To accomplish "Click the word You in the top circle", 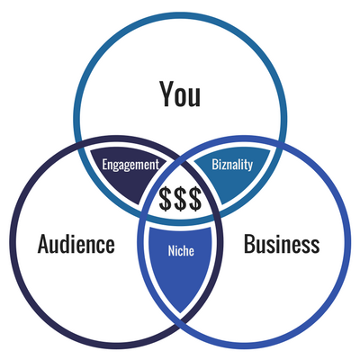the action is (x=180, y=94).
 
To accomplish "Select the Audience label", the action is (x=76, y=244).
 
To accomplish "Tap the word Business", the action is (x=282, y=244).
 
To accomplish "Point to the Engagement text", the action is (x=130, y=165).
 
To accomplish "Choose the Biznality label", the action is (x=232, y=165).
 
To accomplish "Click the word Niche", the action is (x=181, y=251).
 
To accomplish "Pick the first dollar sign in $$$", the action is (x=166, y=199).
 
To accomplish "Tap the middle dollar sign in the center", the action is (x=180, y=199).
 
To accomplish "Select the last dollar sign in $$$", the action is (x=194, y=199).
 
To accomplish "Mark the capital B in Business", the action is (x=249, y=244).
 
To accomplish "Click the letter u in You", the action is (x=194, y=97).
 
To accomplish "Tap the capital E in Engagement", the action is (x=104, y=165).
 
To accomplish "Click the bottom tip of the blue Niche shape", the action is (x=180, y=312).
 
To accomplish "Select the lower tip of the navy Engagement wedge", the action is (x=139, y=204).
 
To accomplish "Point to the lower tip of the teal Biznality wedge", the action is (x=221, y=204).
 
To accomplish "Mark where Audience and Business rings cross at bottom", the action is (x=180, y=321).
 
